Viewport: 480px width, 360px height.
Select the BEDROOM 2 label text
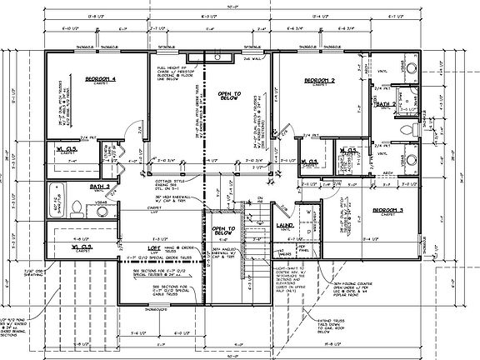(x=319, y=81)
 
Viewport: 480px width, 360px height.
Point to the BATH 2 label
(x=385, y=106)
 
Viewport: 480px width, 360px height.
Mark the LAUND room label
(x=283, y=225)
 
